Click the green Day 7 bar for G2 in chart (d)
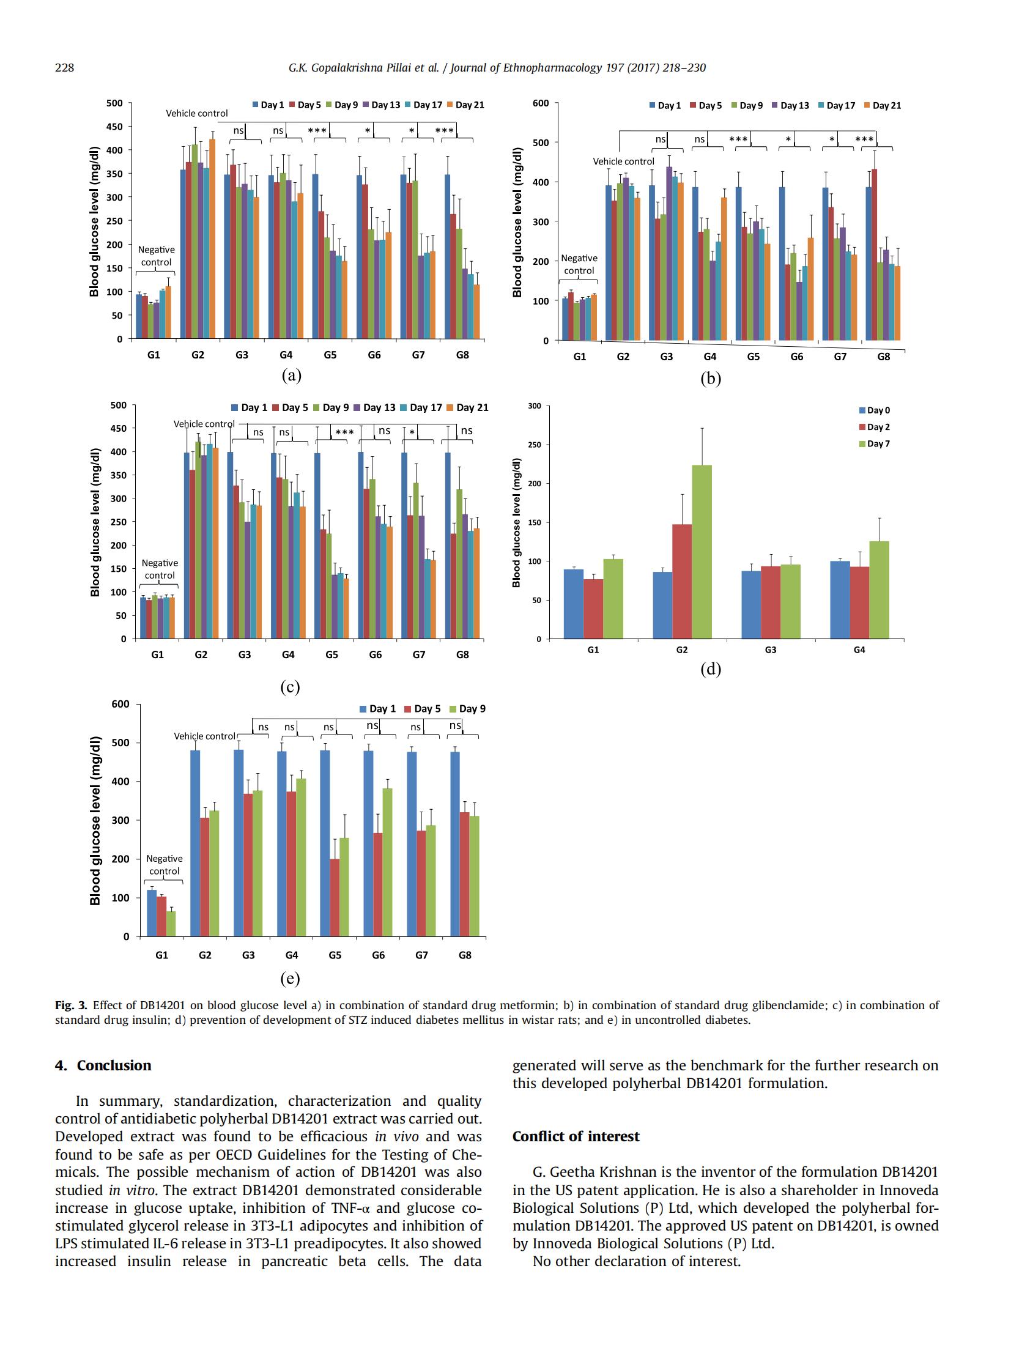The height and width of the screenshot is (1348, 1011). coord(701,552)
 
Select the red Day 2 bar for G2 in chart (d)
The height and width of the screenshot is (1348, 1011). coord(682,582)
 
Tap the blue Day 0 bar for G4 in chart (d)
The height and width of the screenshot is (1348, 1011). coord(840,600)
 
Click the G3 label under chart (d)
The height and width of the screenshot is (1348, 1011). coord(771,650)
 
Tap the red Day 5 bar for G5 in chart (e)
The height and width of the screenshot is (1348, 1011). coord(335,897)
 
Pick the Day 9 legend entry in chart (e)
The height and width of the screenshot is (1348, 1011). coord(467,708)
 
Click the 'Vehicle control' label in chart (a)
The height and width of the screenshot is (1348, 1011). coord(196,113)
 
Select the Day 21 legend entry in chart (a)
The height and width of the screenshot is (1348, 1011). coord(465,105)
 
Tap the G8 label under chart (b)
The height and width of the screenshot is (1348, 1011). coord(883,357)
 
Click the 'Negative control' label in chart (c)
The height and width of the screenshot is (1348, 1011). coord(160,569)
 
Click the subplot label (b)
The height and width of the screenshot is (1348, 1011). coord(711,379)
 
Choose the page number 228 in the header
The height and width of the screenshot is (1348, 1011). coord(64,67)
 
